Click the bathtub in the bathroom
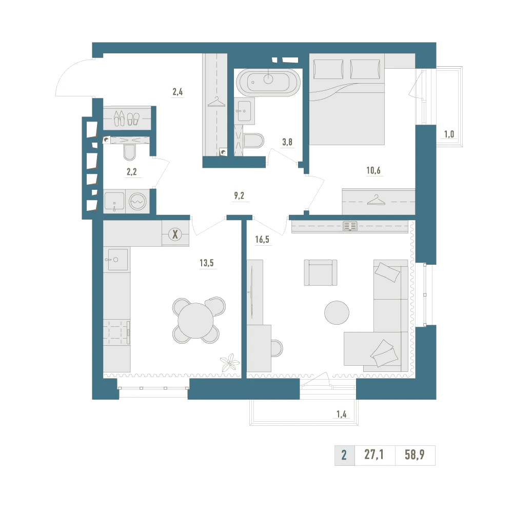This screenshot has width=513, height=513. (268, 82)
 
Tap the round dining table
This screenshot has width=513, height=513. (195, 320)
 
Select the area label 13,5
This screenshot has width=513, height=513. (207, 263)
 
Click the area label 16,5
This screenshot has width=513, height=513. (262, 239)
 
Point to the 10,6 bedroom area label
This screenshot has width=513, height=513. (373, 170)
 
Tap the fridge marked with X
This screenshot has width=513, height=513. (175, 234)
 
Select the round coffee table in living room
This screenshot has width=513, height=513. (337, 312)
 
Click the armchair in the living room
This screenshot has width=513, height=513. (321, 272)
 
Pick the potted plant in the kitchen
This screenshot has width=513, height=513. (230, 363)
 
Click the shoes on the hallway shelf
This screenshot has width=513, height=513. (127, 118)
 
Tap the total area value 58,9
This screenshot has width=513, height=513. (415, 455)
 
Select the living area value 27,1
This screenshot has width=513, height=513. (374, 455)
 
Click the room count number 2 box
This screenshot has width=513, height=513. (344, 455)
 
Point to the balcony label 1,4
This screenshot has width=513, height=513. (341, 414)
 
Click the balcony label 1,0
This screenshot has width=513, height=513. (449, 134)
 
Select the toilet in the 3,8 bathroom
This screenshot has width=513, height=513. (253, 141)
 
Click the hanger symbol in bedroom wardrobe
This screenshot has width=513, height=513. (376, 200)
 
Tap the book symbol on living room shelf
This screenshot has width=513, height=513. (350, 226)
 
